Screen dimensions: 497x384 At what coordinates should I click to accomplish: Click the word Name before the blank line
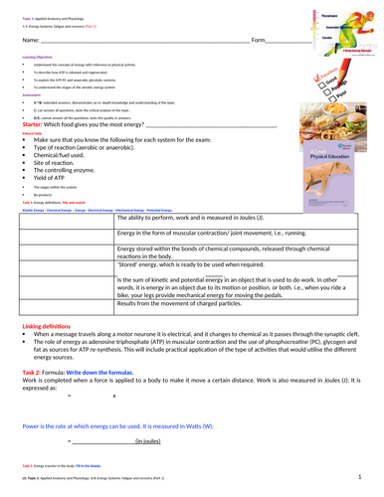[30, 39]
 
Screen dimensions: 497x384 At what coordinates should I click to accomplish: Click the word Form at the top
[261, 39]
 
